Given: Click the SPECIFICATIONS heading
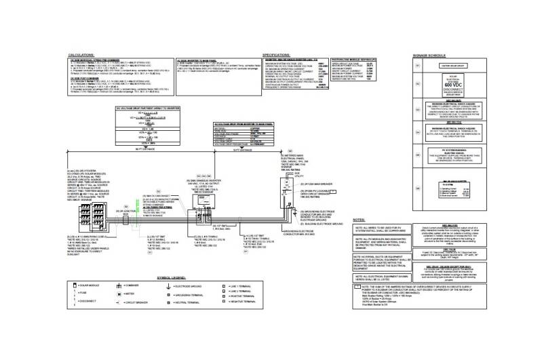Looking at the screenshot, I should tap(277, 53).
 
